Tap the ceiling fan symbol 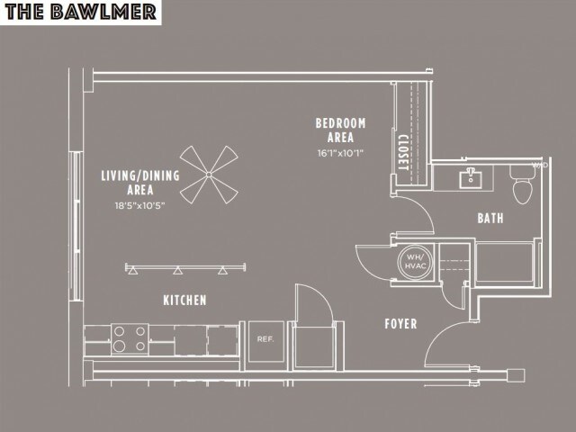point(209,175)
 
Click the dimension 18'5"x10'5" point(139,206)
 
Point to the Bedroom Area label point(340,130)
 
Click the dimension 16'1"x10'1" point(340,153)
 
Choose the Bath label point(490,218)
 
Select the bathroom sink point(471,177)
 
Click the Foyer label point(400,323)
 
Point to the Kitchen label point(184,300)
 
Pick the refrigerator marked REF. point(265,340)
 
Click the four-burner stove point(130,339)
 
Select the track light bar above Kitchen point(186,267)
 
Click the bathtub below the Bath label point(507,263)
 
